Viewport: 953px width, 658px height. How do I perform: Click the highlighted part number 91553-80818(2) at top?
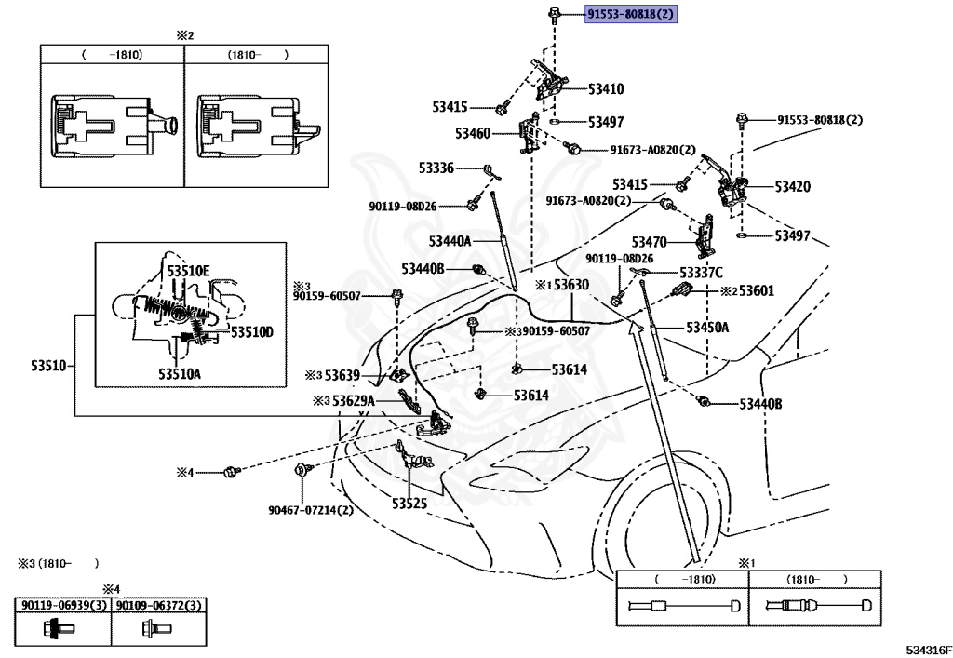click(630, 15)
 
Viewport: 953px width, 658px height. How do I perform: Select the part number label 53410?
click(605, 89)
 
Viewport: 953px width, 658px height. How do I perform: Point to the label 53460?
click(472, 134)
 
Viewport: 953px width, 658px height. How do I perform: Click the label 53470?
click(649, 242)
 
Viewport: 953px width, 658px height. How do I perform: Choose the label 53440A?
click(450, 241)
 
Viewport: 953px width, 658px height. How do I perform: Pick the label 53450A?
click(707, 328)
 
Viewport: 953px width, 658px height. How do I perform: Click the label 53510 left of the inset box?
click(50, 365)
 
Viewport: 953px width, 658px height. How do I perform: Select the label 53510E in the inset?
click(188, 271)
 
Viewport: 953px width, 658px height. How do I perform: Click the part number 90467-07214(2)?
click(310, 510)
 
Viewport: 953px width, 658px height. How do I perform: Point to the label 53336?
click(436, 168)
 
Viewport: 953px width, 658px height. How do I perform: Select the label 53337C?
click(701, 273)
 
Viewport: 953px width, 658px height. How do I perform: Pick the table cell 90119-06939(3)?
click(62, 605)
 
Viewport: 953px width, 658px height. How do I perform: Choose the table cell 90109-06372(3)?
click(158, 605)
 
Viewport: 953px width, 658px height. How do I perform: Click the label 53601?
click(757, 291)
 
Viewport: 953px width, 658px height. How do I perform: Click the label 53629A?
click(353, 400)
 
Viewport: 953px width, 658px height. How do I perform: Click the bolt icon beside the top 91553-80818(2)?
click(554, 14)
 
